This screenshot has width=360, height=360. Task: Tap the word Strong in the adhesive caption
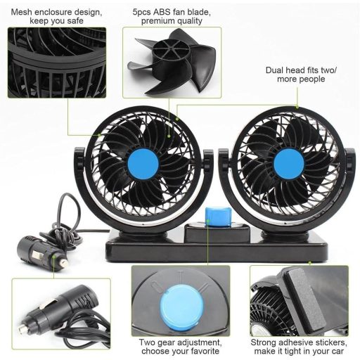264,340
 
